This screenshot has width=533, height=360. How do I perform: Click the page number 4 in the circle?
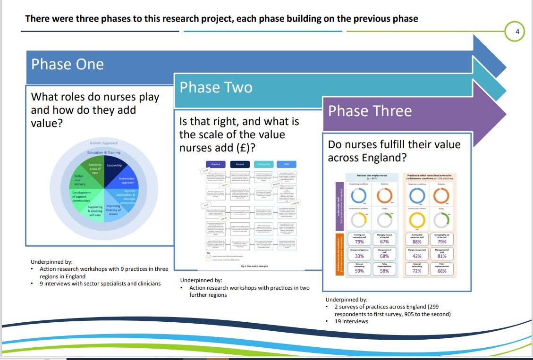[517, 32]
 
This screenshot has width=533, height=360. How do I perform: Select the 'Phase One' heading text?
[68, 64]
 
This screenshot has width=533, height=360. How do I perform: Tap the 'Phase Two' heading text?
[216, 87]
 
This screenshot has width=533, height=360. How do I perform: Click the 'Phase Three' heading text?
[370, 111]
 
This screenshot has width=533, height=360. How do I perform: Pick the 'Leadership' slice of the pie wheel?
[114, 166]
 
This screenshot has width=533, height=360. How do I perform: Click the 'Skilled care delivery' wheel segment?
[79, 179]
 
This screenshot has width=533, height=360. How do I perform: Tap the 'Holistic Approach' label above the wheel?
[103, 143]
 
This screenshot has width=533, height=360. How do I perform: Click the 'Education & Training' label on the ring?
[103, 152]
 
